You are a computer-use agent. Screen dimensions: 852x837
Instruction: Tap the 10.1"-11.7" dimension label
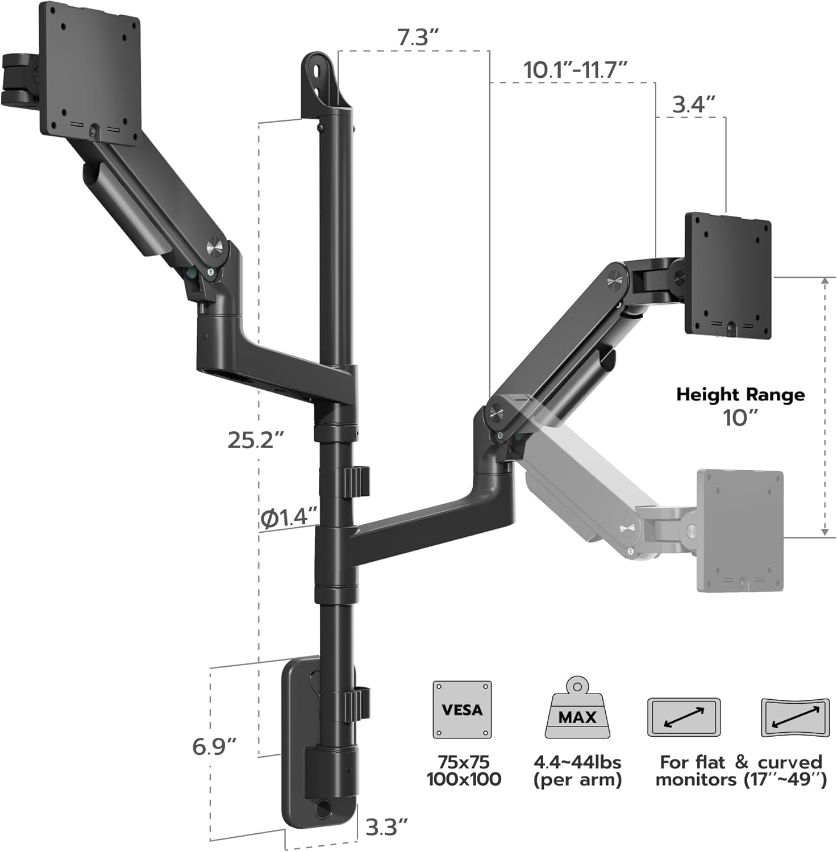pos(575,70)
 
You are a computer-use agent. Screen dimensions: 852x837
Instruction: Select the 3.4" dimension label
pos(693,105)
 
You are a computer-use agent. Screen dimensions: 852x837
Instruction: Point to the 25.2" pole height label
pos(256,440)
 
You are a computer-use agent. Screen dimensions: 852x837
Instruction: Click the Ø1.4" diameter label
pos(288,517)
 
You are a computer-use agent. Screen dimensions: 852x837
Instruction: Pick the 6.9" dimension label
pos(214,746)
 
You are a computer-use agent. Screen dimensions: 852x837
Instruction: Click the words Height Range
pos(740,394)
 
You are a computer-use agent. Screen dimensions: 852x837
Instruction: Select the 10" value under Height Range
pos(740,418)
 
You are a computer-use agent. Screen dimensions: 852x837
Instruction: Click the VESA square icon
pos(462,710)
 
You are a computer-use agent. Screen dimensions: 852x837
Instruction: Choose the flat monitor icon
pos(684,717)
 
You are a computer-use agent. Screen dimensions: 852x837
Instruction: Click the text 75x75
pos(464,762)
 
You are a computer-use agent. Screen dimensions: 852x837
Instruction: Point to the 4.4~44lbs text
pos(577,762)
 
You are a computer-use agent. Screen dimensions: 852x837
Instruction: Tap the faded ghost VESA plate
pos(740,531)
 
